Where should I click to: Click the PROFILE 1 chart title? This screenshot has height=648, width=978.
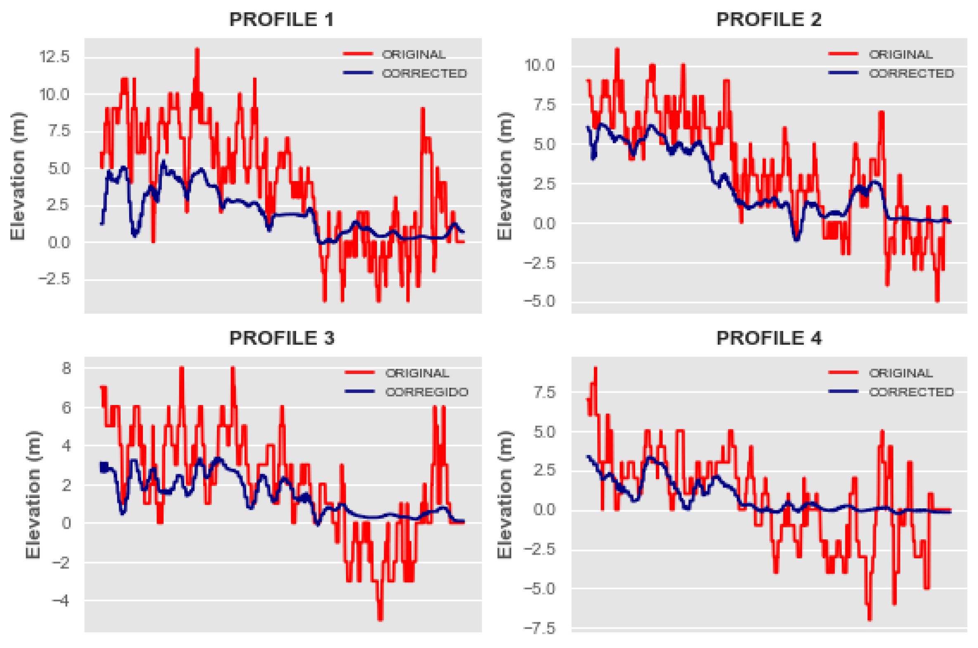(281, 19)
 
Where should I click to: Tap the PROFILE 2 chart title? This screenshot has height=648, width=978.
(769, 19)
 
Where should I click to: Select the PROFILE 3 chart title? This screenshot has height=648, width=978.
(282, 338)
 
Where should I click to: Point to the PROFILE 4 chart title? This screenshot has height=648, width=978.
(769, 338)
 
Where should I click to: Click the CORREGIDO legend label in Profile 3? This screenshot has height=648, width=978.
(427, 392)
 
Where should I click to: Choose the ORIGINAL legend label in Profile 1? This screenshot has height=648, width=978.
(413, 54)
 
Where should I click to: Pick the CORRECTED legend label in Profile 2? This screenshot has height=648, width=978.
(911, 73)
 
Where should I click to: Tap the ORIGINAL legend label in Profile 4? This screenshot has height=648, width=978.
(900, 373)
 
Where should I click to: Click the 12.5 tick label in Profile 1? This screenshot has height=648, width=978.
(55, 56)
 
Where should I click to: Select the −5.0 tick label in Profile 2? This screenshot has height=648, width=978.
(540, 301)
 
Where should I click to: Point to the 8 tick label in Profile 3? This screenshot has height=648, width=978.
(66, 367)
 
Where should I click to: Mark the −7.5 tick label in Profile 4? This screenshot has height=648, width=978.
(540, 629)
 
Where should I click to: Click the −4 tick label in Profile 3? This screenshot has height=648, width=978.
(61, 600)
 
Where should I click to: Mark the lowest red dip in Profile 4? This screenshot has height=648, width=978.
(869, 619)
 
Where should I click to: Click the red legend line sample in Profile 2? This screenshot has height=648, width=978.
(843, 54)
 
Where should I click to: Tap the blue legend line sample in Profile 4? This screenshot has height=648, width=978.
(843, 391)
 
